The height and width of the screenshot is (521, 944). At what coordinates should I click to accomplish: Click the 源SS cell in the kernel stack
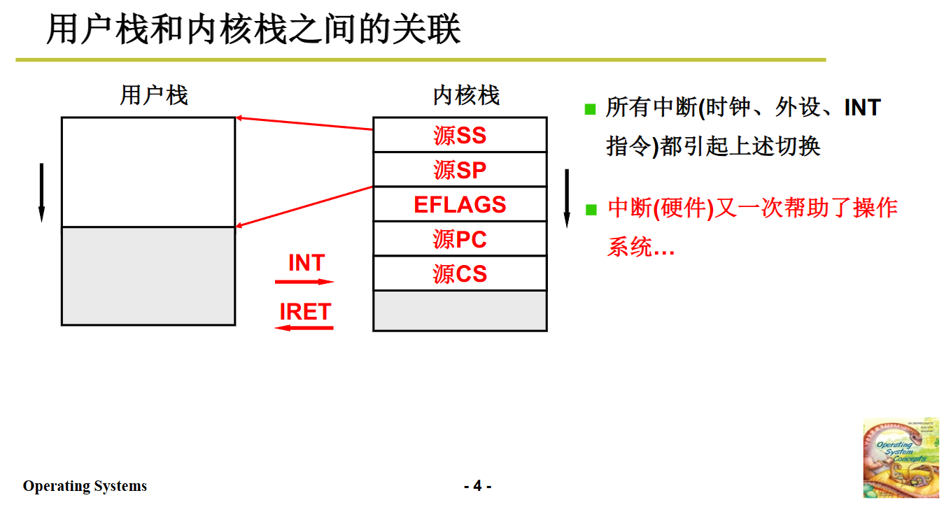(460, 135)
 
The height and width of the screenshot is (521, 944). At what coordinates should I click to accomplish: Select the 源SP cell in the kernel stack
(460, 170)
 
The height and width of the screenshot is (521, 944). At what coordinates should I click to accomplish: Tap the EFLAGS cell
(460, 204)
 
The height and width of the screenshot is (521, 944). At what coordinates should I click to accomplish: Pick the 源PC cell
(460, 239)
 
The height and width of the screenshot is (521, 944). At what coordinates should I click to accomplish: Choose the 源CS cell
(460, 273)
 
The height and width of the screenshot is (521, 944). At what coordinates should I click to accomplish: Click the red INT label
(307, 264)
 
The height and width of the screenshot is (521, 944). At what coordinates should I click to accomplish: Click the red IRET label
(305, 312)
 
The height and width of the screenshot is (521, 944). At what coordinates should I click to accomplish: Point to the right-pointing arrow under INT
(304, 282)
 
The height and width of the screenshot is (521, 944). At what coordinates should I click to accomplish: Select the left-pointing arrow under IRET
(304, 327)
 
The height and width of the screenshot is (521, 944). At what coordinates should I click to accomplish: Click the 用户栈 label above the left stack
(154, 96)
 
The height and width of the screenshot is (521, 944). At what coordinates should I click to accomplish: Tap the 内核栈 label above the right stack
(466, 96)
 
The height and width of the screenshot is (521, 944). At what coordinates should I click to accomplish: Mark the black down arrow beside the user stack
(41, 192)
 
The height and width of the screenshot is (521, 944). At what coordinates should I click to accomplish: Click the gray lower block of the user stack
(148, 276)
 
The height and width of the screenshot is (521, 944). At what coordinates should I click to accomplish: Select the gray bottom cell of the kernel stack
(460, 311)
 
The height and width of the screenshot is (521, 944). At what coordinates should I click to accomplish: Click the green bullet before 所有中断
(591, 109)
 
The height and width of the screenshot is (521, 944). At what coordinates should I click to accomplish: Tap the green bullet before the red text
(591, 209)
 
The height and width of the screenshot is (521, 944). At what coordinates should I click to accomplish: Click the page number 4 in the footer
(477, 486)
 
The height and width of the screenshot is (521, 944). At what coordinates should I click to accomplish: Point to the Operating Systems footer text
(85, 486)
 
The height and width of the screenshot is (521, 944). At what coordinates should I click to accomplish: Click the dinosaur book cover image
(901, 458)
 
